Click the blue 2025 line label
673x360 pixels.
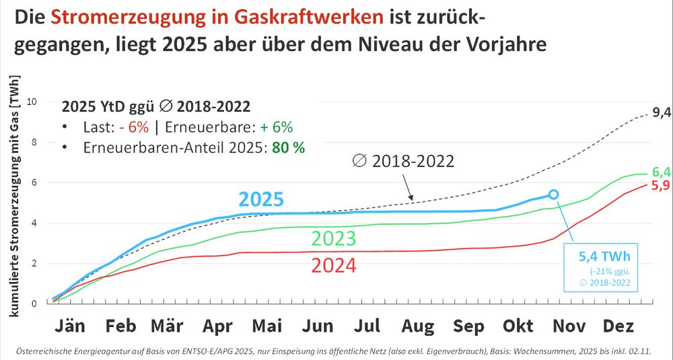[260, 199]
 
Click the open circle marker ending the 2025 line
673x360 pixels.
[553, 194]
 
